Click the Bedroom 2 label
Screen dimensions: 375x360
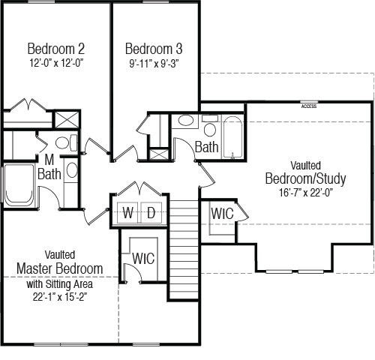pyautogui.click(x=56, y=49)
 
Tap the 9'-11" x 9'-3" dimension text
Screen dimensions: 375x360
pyautogui.click(x=154, y=64)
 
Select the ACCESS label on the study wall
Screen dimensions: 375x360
pyautogui.click(x=309, y=106)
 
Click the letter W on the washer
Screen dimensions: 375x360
pyautogui.click(x=128, y=213)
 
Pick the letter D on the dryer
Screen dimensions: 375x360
pyautogui.click(x=151, y=213)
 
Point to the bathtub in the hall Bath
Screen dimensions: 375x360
pyautogui.click(x=232, y=137)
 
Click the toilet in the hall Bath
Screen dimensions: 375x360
pyautogui.click(x=210, y=126)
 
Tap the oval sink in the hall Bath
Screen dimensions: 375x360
pyautogui.click(x=185, y=120)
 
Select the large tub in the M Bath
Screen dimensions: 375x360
pyautogui.click(x=19, y=184)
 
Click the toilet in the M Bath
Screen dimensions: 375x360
pyautogui.click(x=66, y=142)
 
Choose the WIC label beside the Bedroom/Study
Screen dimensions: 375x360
pyautogui.click(x=222, y=214)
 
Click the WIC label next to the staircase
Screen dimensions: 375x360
pyautogui.click(x=143, y=258)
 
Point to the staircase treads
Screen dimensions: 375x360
pyautogui.click(x=184, y=249)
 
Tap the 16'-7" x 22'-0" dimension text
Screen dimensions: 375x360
pyautogui.click(x=306, y=193)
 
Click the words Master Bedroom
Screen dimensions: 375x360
pyautogui.click(x=60, y=268)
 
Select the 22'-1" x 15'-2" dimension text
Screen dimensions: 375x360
pyautogui.click(x=60, y=297)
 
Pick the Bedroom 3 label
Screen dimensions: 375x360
pyautogui.click(x=154, y=49)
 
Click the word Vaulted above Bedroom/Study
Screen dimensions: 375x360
pyautogui.click(x=305, y=166)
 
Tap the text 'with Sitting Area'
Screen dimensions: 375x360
pyautogui.click(x=60, y=284)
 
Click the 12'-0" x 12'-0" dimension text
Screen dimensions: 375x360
pyautogui.click(x=56, y=63)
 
